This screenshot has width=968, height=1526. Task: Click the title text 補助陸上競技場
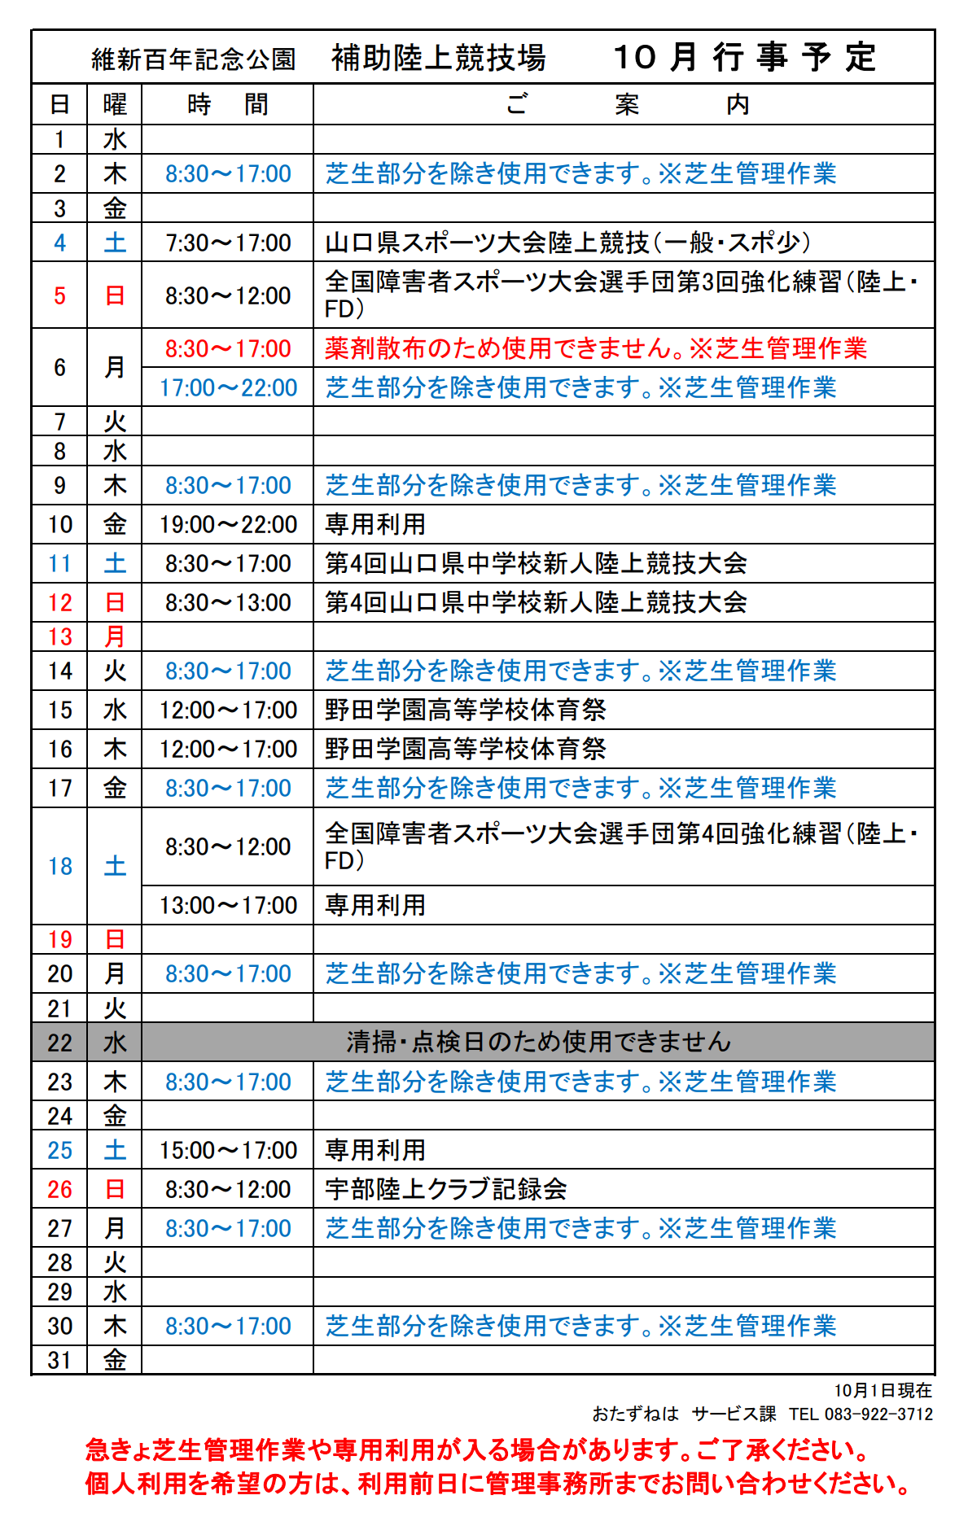[438, 58]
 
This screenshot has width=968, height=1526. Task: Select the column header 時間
[227, 105]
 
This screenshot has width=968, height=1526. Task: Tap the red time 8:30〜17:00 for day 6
[228, 349]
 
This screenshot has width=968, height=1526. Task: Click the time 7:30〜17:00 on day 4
[228, 243]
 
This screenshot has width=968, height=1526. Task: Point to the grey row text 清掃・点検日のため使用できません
[538, 1043]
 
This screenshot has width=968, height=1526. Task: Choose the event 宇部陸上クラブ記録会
[445, 1190]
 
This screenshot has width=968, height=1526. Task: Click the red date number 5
[59, 295]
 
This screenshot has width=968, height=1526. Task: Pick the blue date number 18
[60, 867]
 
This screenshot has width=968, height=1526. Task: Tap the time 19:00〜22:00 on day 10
[228, 525]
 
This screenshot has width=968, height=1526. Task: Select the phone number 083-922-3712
[878, 1415]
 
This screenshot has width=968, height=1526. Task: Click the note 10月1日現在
[883, 1391]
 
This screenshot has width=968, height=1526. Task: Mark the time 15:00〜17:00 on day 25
[228, 1151]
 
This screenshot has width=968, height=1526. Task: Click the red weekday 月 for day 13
[115, 637]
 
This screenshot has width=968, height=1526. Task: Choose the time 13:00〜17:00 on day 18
[228, 906]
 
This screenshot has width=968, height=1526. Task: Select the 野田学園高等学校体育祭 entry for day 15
[465, 711]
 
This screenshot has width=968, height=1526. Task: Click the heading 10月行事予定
[744, 58]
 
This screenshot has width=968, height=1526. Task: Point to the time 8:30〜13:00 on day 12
[228, 603]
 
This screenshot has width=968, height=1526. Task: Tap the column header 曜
[115, 105]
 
